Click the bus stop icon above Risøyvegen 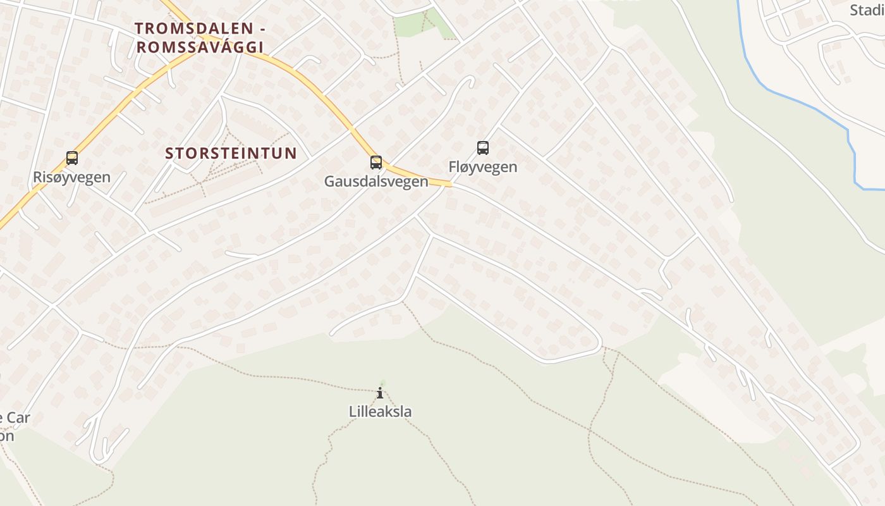72,157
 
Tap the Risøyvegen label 71,177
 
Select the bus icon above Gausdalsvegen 376,163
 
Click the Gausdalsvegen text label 376,182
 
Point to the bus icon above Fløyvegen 483,148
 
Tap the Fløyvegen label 483,167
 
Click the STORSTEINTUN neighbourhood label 231,153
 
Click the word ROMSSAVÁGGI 199,47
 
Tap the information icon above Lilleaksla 380,393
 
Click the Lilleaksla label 380,412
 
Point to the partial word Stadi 867,10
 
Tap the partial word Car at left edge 19,418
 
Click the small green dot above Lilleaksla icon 381,383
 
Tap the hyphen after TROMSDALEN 259,28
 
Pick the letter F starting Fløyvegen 453,167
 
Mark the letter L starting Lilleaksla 353,412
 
